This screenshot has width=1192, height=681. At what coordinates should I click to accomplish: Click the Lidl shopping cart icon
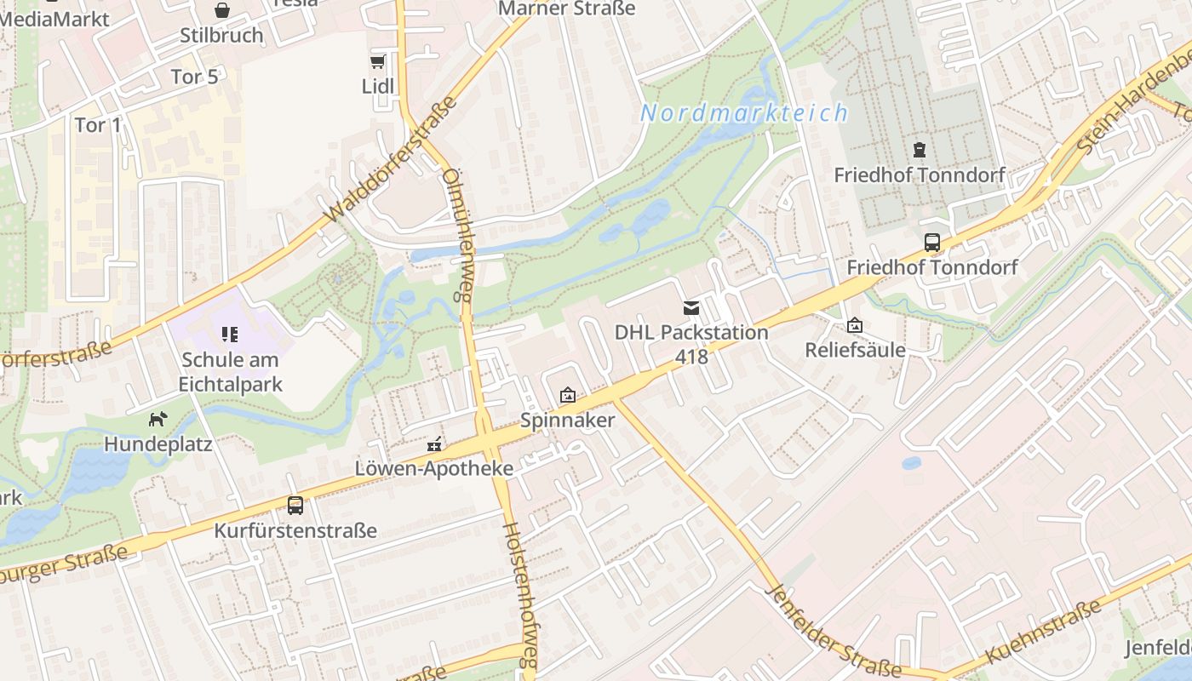377,61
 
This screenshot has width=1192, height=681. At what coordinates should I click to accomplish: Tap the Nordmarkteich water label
744,113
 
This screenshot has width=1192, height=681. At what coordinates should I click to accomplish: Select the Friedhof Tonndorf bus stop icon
932,242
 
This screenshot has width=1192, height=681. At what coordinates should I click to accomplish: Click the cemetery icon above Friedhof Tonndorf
919,150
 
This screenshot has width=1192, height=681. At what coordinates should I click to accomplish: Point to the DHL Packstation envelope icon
691,307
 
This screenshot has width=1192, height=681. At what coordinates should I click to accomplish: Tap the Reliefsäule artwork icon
854,325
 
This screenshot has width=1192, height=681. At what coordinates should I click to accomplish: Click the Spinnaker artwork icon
567,395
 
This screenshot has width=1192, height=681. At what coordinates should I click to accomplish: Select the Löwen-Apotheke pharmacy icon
434,444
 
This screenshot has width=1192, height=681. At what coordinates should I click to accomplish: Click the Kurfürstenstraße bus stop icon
295,506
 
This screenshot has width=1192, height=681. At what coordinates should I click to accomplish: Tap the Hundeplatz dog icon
158,419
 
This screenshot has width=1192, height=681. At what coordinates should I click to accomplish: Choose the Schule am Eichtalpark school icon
230,335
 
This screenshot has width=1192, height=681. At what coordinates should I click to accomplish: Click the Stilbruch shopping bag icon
221,10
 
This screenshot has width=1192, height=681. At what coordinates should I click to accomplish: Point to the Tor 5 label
194,77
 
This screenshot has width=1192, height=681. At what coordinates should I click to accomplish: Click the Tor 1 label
98,125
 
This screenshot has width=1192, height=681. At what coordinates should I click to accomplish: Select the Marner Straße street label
566,9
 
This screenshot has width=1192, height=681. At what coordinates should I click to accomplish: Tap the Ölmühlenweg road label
457,235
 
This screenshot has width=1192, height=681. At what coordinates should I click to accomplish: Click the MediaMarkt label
54,19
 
